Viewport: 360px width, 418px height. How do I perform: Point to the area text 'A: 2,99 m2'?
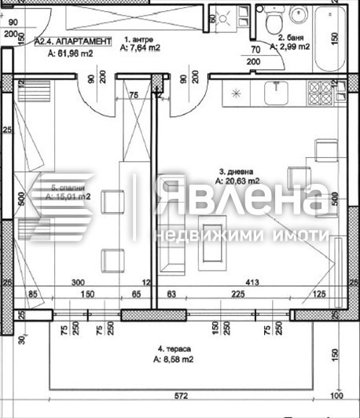point(289,47)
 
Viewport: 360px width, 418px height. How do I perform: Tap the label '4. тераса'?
point(173,348)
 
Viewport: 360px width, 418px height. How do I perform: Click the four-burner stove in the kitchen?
point(321,92)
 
